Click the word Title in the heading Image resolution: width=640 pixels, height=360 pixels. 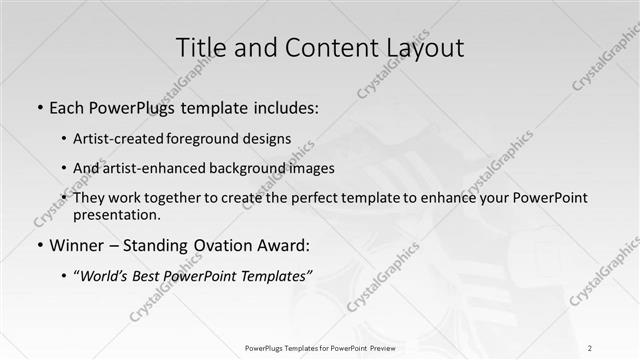200,47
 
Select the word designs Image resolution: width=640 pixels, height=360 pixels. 269,139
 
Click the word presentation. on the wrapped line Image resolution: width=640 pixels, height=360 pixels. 116,215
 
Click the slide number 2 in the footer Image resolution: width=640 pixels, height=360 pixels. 590,347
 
